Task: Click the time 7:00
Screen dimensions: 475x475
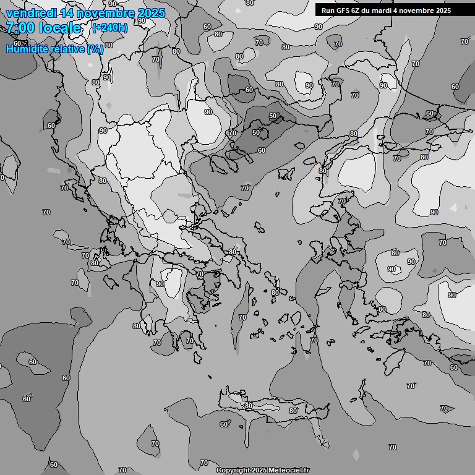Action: coord(21,28)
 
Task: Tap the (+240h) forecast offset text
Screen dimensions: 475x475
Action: coord(110,27)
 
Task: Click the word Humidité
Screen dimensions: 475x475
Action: coord(28,49)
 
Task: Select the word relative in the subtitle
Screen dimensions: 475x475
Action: coord(68,49)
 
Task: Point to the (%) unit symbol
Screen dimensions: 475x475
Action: coord(95,49)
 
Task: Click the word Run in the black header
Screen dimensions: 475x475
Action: coord(328,11)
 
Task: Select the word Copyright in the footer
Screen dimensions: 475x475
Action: coord(233,470)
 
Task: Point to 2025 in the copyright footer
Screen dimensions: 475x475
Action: coord(260,470)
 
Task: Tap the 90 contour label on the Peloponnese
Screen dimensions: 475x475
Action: coord(160,284)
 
